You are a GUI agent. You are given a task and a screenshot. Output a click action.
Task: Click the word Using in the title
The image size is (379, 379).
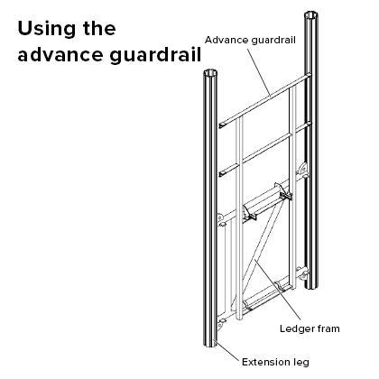46,30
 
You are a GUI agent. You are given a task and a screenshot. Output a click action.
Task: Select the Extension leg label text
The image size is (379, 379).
275,363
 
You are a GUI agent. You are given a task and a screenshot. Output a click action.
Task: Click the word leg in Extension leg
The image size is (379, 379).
299,364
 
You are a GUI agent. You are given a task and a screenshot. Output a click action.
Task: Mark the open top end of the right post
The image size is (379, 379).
312,15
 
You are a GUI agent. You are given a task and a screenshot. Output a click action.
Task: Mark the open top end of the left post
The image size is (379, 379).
211,75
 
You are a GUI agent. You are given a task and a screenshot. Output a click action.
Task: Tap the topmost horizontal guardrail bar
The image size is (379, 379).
262,99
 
